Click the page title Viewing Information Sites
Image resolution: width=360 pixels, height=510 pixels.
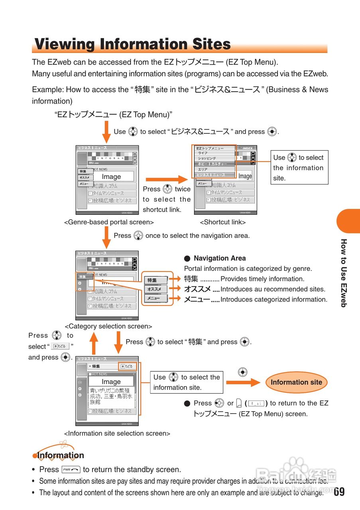click(x=132, y=44)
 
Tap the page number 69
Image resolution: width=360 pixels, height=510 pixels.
click(x=339, y=492)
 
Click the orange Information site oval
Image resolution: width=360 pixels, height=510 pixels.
click(x=296, y=382)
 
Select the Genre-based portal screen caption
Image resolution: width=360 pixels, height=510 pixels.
click(x=109, y=222)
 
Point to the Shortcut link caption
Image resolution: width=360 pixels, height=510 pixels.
click(x=223, y=222)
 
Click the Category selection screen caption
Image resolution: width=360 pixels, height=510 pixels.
click(x=108, y=326)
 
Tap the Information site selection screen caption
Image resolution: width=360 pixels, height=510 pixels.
click(x=117, y=433)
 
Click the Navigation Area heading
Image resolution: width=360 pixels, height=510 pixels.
click(x=220, y=258)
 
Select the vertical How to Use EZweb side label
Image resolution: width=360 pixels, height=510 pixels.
click(x=344, y=273)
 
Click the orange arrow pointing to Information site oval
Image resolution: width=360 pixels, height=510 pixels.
click(x=243, y=382)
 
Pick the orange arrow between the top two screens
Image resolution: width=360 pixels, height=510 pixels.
click(x=166, y=180)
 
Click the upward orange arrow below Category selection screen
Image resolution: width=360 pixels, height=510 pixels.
click(x=94, y=343)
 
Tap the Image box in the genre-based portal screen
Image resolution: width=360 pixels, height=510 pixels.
click(x=111, y=177)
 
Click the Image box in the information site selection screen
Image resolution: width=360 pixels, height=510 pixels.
click(x=111, y=382)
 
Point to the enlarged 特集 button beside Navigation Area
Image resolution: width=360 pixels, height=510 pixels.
click(x=156, y=280)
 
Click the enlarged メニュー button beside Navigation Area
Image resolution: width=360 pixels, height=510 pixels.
click(x=156, y=298)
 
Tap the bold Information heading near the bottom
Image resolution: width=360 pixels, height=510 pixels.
click(x=61, y=455)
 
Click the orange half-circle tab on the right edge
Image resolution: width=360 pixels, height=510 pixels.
click(x=349, y=221)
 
